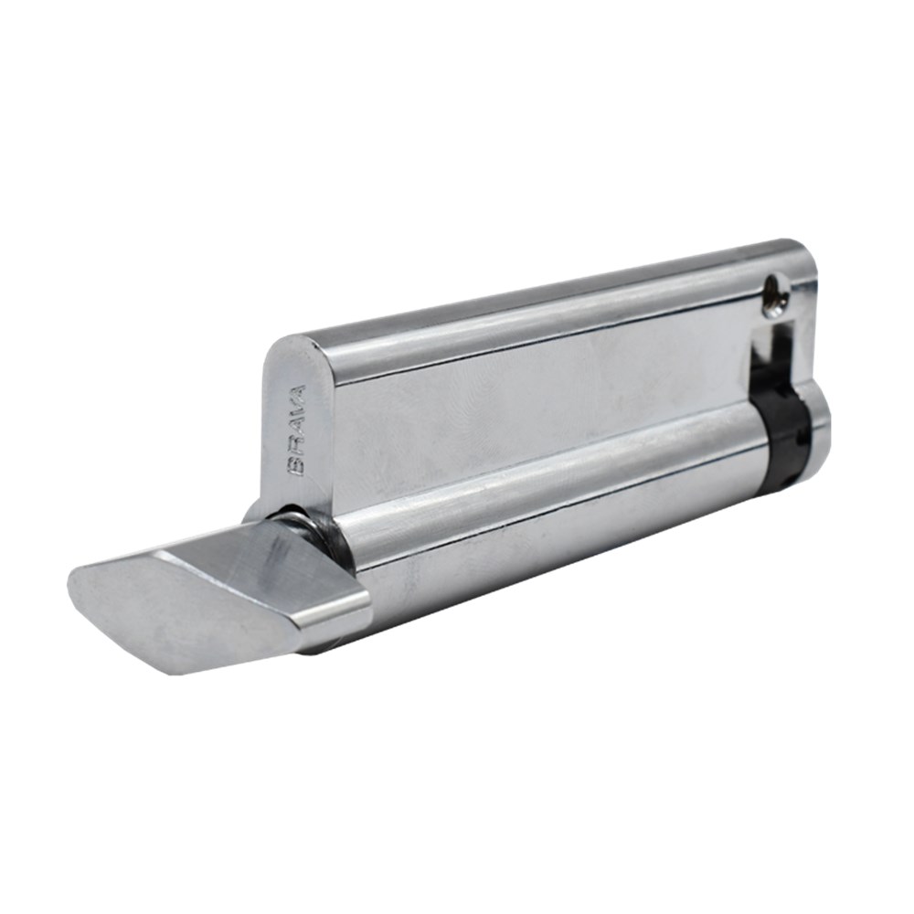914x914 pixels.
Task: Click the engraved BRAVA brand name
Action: click(x=297, y=430)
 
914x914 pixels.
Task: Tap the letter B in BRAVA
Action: click(x=297, y=467)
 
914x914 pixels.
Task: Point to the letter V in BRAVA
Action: click(x=298, y=412)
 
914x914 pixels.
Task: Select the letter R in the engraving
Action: click(x=297, y=450)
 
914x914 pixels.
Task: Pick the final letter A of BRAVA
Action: click(x=298, y=394)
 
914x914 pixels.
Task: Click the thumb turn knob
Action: click(x=221, y=595)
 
